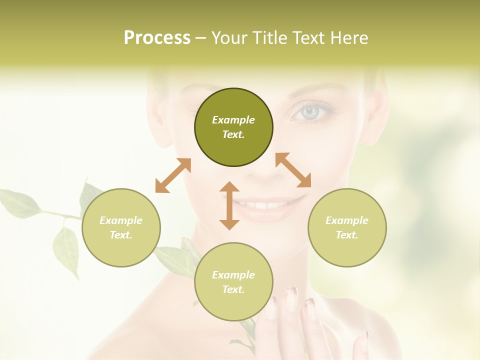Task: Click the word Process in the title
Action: pos(157,38)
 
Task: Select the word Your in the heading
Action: pos(229,38)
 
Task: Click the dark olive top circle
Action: pos(233,127)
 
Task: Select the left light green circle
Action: pos(121,227)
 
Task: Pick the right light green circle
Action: pos(347,227)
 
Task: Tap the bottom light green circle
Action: pos(233,282)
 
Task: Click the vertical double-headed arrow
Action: pos(229,205)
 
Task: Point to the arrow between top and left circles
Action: pos(173,175)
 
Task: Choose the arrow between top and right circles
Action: pos(293,170)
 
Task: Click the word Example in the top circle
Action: pos(233,120)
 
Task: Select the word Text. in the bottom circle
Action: pos(233,289)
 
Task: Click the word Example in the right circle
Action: pos(347,220)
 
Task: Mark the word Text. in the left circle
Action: pos(121,235)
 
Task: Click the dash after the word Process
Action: pos(200,38)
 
